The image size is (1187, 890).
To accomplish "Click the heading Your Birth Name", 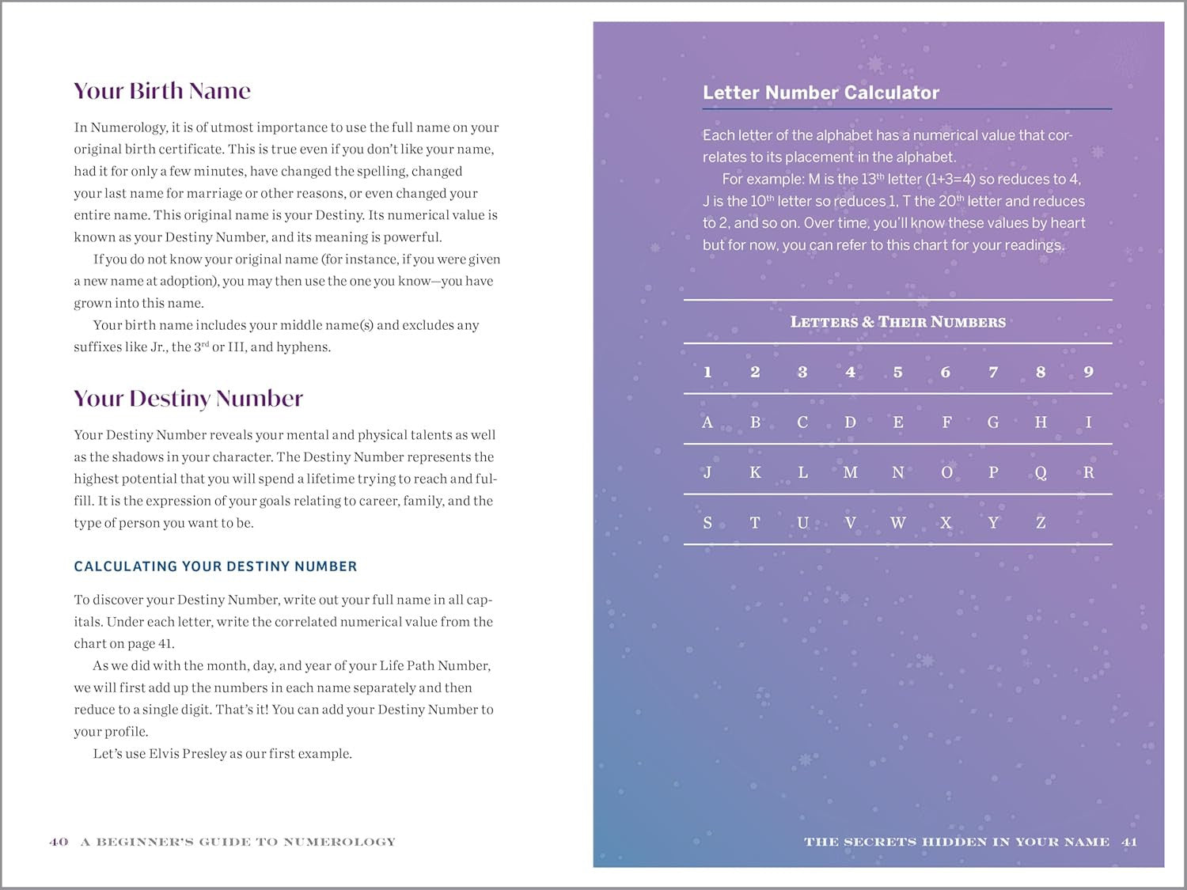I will point(162,91).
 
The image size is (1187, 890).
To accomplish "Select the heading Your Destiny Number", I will point(188,398).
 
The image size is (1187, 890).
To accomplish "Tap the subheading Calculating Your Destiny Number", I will point(215,566).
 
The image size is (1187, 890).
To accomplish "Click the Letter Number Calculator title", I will point(821,93).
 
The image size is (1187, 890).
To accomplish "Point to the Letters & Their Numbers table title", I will point(897,322).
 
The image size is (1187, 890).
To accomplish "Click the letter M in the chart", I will point(850,472).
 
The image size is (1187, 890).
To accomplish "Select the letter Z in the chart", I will point(1041,523).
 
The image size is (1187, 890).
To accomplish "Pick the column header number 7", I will point(993,372).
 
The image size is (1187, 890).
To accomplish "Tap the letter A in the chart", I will point(707,422).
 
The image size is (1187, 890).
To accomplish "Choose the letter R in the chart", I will point(1088,472).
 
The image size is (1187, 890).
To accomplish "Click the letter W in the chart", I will point(897,523).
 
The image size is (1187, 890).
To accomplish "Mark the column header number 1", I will point(707,372).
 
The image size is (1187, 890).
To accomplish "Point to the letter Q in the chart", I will point(1041,472).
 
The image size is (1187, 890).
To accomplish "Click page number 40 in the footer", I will point(59,842).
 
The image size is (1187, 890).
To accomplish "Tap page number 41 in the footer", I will point(1129,842).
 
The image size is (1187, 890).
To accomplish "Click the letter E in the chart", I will point(897,422).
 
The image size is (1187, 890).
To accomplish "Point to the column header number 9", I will point(1088,372).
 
